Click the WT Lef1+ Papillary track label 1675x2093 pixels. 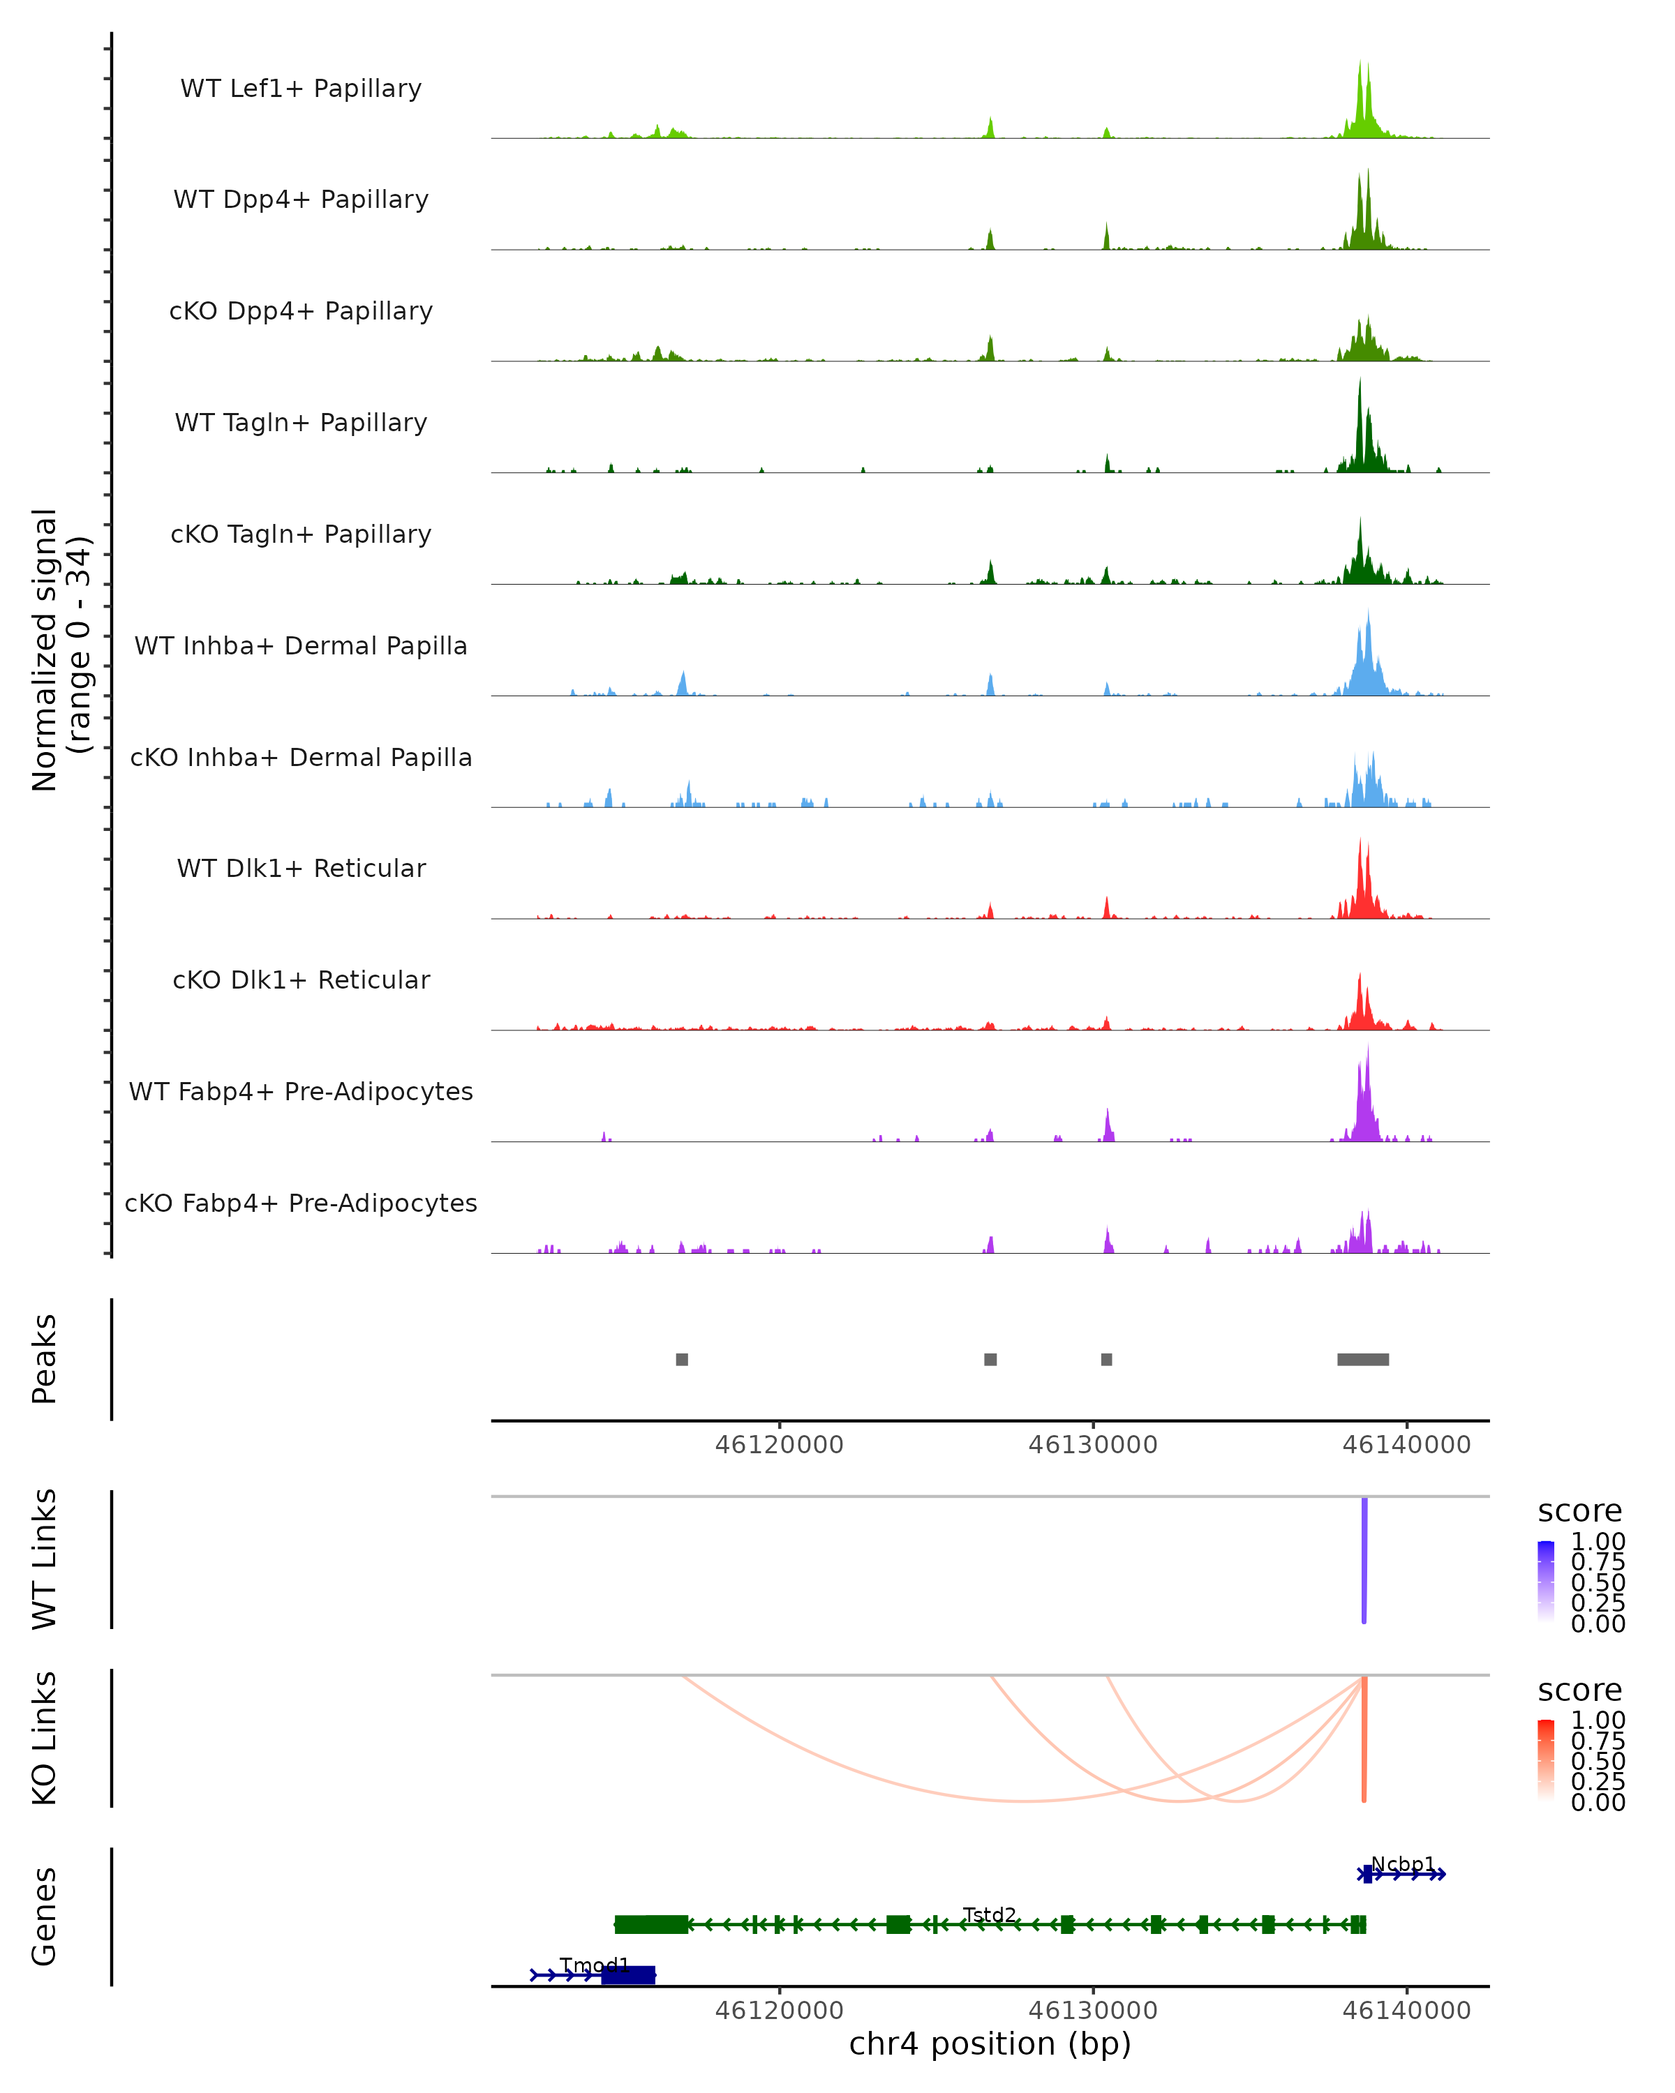click(301, 89)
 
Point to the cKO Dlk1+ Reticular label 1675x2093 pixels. click(301, 980)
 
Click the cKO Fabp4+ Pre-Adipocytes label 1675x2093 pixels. click(301, 1203)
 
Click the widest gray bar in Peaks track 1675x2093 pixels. click(1362, 1359)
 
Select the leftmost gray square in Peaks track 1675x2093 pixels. click(682, 1359)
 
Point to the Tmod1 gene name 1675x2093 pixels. click(594, 1965)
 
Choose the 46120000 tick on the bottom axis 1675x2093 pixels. click(779, 2009)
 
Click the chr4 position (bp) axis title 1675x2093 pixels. click(990, 2043)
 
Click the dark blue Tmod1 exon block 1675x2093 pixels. click(628, 1974)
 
